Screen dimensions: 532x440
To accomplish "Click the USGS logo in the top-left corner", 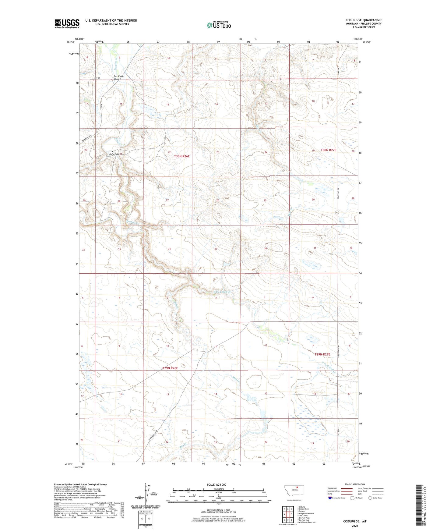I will point(67,23).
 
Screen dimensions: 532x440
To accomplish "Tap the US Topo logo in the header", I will point(219,25).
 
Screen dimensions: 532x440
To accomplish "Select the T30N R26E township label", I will point(182,156).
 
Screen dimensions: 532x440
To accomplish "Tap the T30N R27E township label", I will point(328,150).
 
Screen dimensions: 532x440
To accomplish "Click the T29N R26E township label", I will point(170,368).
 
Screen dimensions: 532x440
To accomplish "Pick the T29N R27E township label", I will point(322,354).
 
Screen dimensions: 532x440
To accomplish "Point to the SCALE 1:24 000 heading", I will point(216,484).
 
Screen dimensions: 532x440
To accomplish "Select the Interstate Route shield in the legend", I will point(330,498).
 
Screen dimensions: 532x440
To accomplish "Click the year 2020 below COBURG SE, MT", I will point(355,526).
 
